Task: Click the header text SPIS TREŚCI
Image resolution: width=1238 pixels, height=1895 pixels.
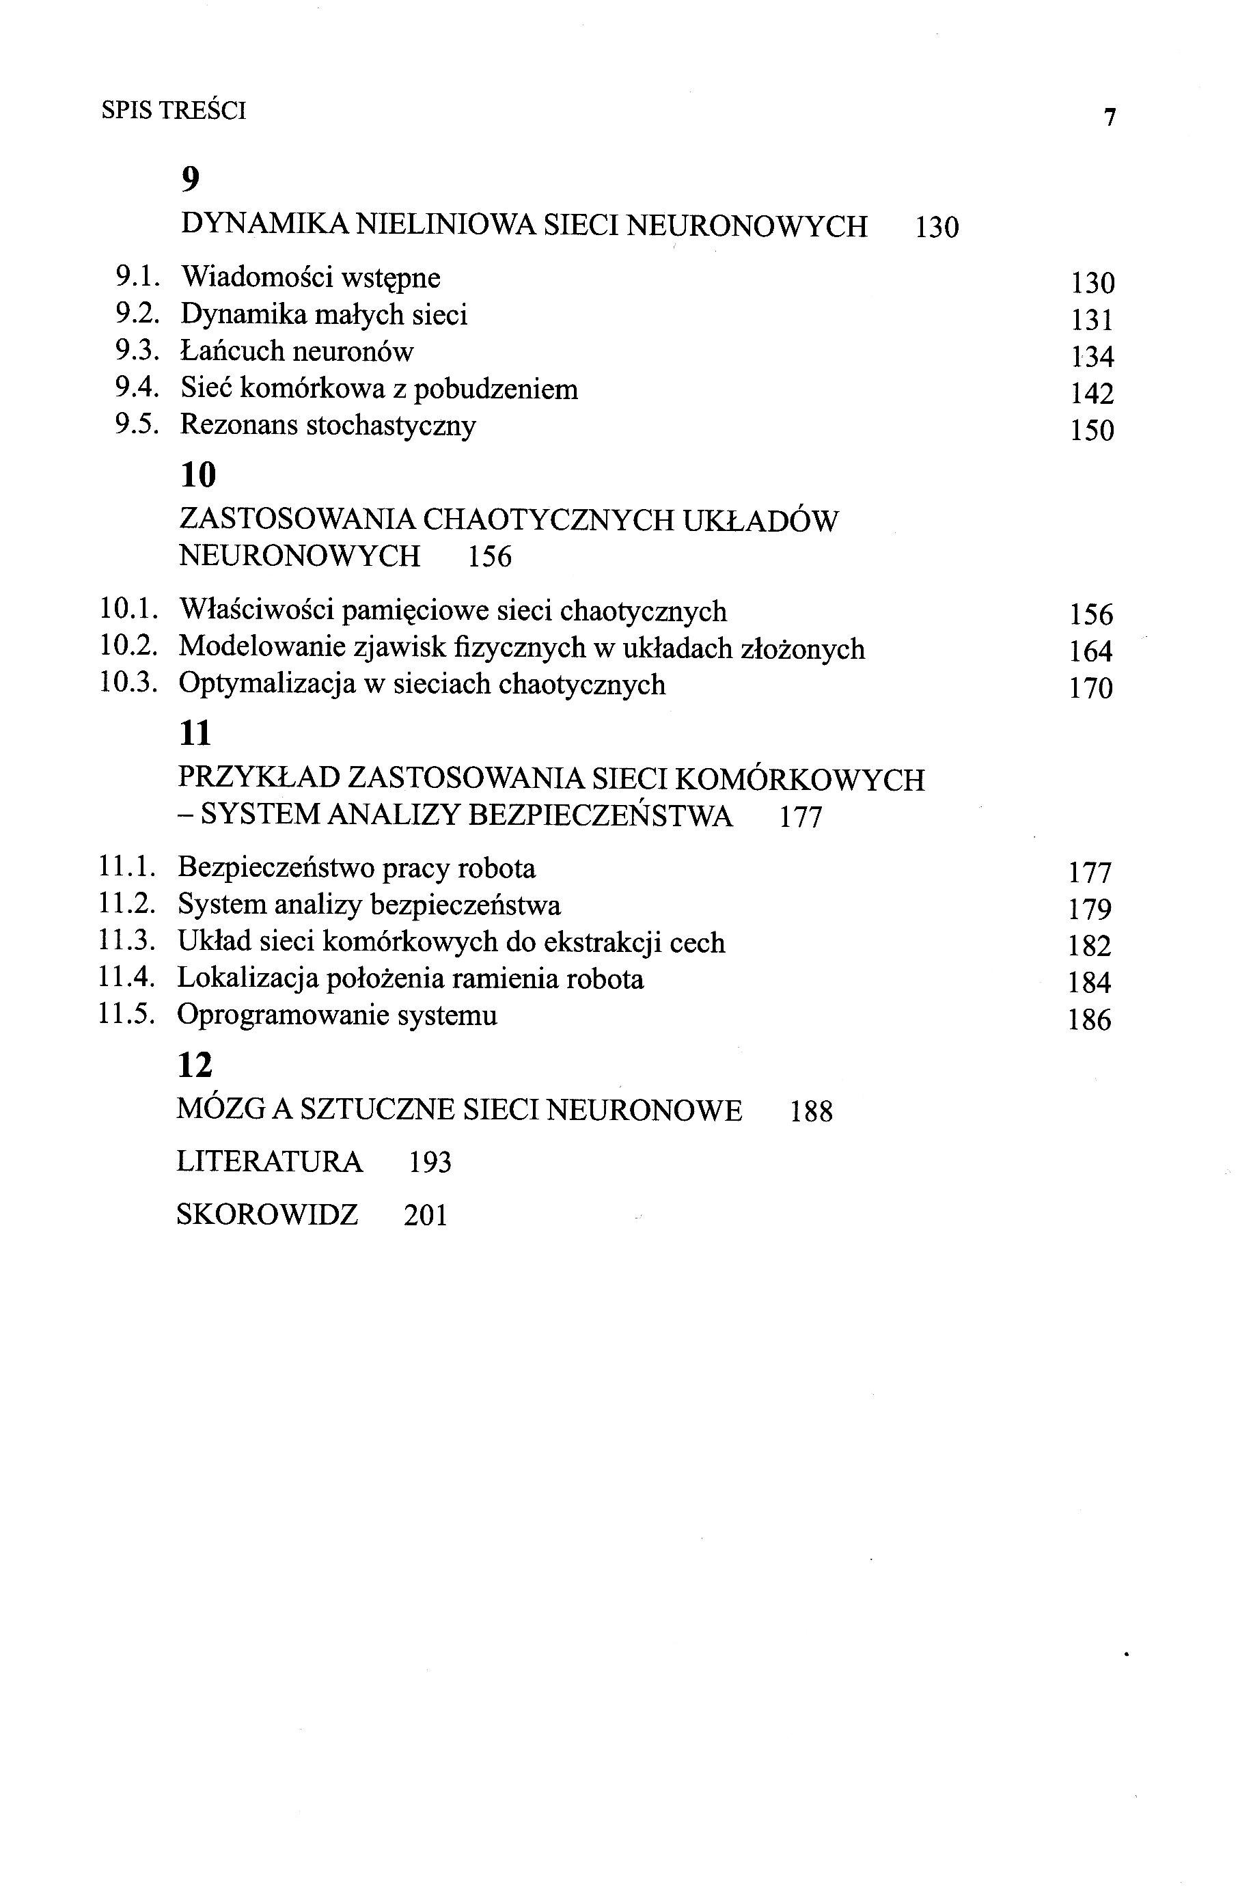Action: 174,110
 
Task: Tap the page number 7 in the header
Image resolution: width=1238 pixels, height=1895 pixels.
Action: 1110,117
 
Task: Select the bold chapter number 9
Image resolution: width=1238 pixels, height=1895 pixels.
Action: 191,180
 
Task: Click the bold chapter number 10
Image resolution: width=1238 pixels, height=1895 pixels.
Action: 198,476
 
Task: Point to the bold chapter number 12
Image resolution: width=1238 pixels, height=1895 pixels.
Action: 195,1065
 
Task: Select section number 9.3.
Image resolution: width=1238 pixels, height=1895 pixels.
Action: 138,351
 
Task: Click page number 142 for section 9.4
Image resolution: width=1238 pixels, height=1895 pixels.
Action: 1092,394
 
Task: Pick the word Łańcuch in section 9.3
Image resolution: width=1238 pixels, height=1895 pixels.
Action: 232,351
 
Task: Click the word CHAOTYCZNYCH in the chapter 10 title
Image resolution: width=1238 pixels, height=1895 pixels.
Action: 549,520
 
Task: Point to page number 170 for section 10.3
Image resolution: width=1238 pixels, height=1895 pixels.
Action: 1090,688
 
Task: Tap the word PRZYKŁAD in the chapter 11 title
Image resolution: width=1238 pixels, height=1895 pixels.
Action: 258,778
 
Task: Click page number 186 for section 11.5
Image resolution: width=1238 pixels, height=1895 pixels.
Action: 1089,1020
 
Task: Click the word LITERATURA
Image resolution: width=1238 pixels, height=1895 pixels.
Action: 269,1162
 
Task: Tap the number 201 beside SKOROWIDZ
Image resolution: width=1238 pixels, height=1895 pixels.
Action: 425,1215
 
